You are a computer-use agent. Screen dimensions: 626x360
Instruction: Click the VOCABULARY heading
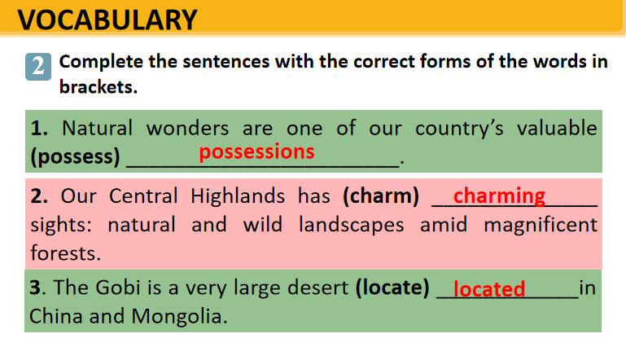[107, 20]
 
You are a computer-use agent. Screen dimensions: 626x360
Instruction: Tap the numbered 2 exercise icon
[38, 66]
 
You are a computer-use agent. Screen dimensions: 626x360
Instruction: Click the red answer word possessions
[256, 152]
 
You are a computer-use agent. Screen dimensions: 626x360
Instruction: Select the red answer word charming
[499, 196]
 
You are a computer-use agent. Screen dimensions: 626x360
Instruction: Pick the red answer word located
[489, 288]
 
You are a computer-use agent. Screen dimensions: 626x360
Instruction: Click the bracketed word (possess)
[76, 156]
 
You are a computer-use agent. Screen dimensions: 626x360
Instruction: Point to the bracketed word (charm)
[381, 196]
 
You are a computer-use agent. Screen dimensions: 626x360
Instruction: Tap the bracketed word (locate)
[392, 288]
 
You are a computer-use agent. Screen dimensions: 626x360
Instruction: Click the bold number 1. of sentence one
[40, 129]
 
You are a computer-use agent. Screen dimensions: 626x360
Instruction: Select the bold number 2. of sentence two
[39, 196]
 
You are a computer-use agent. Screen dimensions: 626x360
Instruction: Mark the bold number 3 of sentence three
[35, 288]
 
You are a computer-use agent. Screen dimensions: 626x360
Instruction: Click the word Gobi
[118, 288]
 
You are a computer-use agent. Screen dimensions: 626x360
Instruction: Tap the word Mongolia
[179, 316]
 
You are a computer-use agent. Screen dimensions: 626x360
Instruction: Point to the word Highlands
[238, 196]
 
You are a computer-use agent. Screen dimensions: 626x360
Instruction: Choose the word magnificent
[541, 224]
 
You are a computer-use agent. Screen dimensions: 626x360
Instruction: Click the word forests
[66, 253]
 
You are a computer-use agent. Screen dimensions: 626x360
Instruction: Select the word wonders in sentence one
[188, 128]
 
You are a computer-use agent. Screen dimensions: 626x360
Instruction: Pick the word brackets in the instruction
[98, 86]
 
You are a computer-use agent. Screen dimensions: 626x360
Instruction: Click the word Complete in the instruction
[101, 62]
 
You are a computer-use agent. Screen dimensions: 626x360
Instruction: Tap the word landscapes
[352, 225]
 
